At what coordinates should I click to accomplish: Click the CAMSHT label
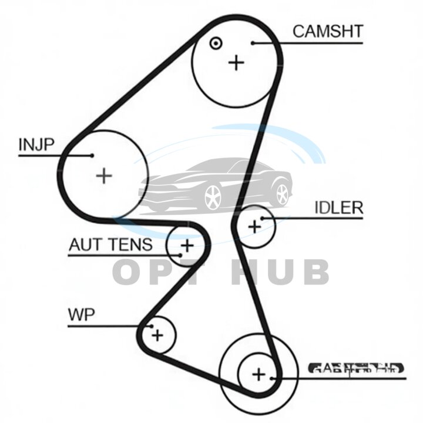click(327, 31)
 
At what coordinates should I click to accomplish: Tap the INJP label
click(37, 145)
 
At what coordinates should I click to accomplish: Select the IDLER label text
click(338, 208)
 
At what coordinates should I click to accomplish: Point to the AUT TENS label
click(110, 244)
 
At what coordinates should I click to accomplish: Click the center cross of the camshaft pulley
click(236, 62)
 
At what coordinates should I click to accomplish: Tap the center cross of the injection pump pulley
click(104, 175)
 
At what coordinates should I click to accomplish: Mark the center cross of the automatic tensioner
click(187, 245)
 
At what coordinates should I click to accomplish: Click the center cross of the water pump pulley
click(157, 335)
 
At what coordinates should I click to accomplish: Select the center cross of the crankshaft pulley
click(258, 374)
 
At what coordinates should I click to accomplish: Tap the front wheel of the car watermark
click(213, 197)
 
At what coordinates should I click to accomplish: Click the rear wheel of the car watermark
click(283, 193)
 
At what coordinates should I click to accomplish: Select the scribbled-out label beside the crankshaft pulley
click(357, 369)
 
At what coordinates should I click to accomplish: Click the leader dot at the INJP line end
click(92, 155)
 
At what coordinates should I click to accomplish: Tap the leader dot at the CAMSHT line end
click(253, 42)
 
